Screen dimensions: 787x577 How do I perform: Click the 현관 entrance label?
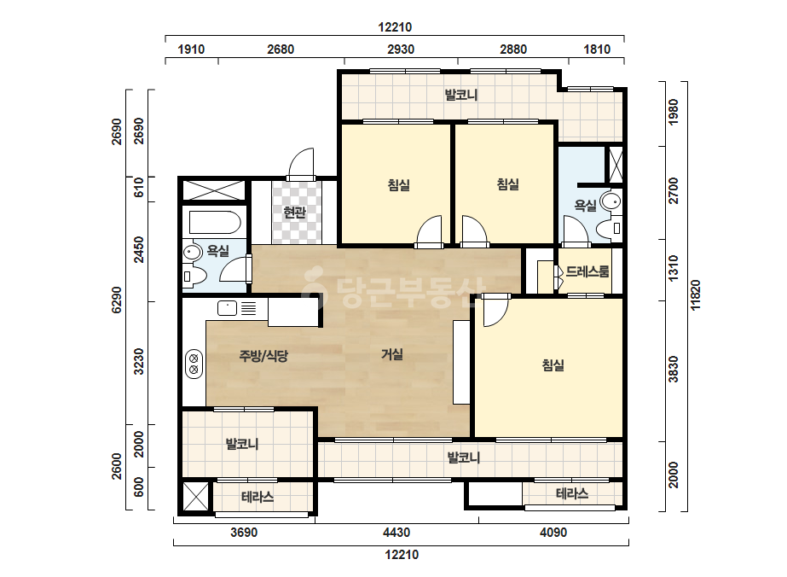coord(295,213)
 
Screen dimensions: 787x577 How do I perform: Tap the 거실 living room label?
coord(392,354)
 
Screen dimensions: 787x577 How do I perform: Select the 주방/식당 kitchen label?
coord(263,356)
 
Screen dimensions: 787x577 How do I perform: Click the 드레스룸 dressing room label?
coord(587,271)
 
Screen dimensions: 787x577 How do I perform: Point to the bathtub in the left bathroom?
coord(215,222)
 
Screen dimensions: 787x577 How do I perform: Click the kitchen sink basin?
coord(227,307)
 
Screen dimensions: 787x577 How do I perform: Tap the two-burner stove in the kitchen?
coord(194,364)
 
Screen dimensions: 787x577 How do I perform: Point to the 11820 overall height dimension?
coord(695,295)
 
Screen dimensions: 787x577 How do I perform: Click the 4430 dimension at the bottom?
coord(396,533)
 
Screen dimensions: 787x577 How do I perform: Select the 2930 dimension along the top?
coord(401,50)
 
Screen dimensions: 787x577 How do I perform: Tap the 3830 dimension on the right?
coord(673,370)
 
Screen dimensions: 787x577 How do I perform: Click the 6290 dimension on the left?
coord(117,300)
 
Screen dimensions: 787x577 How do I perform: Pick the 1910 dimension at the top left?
coord(191,50)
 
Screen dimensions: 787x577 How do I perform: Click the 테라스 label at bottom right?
coord(571,493)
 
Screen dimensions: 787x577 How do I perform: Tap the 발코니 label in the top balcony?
coord(460,95)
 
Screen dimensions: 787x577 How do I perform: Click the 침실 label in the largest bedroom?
coord(553,364)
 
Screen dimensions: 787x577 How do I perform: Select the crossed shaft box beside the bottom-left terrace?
coord(196,496)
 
